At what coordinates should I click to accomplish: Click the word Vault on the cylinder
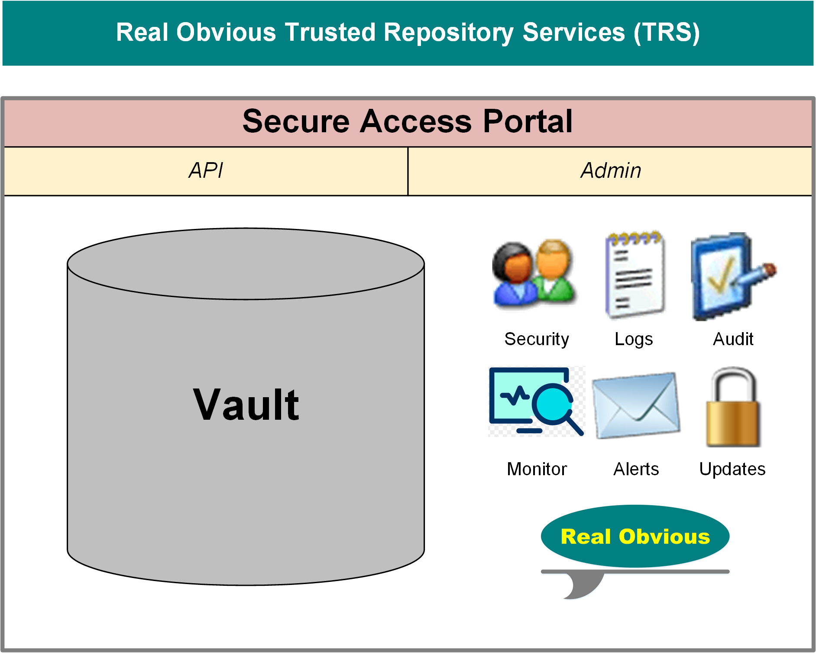[x=246, y=405]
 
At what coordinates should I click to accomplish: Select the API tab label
[x=206, y=170]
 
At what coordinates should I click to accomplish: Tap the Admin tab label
[x=611, y=170]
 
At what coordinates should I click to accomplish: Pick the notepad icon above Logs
[x=635, y=274]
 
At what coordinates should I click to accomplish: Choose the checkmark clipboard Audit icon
[x=732, y=276]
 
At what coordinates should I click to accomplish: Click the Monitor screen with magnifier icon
[x=536, y=401]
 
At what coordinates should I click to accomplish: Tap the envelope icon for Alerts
[x=636, y=405]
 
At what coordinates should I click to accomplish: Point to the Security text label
[x=537, y=339]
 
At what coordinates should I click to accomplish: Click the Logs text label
[x=634, y=339]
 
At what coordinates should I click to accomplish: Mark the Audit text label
[x=733, y=339]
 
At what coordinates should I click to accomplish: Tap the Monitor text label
[x=537, y=469]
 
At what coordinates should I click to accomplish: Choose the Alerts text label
[x=636, y=469]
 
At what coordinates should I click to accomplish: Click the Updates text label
[x=732, y=469]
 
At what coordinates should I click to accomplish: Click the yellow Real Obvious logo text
[x=635, y=536]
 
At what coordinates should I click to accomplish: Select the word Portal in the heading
[x=528, y=121]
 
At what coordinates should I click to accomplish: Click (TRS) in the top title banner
[x=667, y=33]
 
